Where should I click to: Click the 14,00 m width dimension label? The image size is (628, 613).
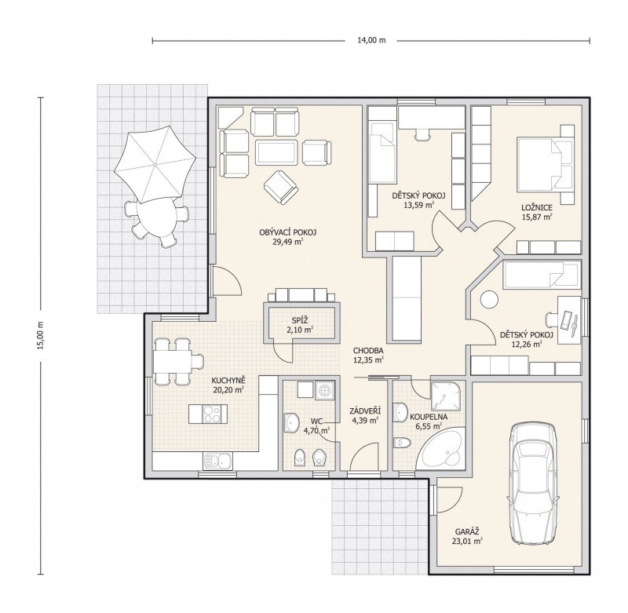click(371, 40)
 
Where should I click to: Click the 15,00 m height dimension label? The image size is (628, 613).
click(40, 335)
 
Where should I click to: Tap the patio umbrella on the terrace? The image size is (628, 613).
click(155, 165)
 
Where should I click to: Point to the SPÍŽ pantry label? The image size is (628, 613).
click(300, 320)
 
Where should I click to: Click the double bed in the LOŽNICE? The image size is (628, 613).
click(545, 164)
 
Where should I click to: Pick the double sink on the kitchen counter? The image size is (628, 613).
click(217, 462)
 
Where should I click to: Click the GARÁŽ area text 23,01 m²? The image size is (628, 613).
click(467, 542)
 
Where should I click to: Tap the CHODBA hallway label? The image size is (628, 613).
click(368, 351)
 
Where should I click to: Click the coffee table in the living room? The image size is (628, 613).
click(276, 152)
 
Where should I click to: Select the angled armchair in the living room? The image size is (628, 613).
click(281, 187)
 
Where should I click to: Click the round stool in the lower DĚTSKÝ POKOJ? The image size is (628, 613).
click(489, 299)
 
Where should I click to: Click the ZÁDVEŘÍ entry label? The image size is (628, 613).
click(364, 410)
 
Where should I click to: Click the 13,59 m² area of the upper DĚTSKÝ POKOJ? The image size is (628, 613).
click(419, 206)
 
